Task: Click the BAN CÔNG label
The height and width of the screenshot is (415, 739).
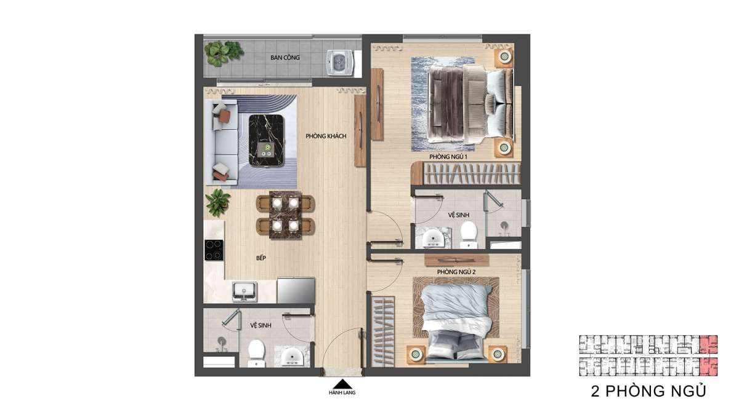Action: click(x=285, y=57)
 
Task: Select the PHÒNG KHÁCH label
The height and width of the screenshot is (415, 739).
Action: click(x=326, y=136)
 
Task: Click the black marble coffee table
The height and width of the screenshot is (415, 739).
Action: click(x=267, y=141)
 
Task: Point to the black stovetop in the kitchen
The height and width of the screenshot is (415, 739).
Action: click(x=214, y=250)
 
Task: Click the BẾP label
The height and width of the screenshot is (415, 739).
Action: click(x=261, y=258)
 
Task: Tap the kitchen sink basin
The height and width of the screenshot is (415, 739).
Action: click(x=244, y=291)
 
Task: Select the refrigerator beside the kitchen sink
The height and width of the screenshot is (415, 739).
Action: click(x=296, y=290)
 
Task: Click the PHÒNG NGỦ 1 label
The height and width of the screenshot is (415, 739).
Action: click(x=448, y=157)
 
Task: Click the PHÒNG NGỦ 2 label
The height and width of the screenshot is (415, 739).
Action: click(x=456, y=272)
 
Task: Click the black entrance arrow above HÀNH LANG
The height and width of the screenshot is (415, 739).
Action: click(x=342, y=384)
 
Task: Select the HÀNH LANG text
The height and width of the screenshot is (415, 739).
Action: click(x=342, y=393)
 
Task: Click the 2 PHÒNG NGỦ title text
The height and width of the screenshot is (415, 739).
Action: click(x=648, y=391)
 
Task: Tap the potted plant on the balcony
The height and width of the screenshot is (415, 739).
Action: click(x=224, y=53)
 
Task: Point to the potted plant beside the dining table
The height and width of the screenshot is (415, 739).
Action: click(x=218, y=203)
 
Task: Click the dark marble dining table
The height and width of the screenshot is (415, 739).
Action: click(x=285, y=215)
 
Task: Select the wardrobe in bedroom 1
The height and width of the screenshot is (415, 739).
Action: click(x=466, y=173)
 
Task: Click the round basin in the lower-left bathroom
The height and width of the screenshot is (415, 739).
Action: click(x=292, y=357)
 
